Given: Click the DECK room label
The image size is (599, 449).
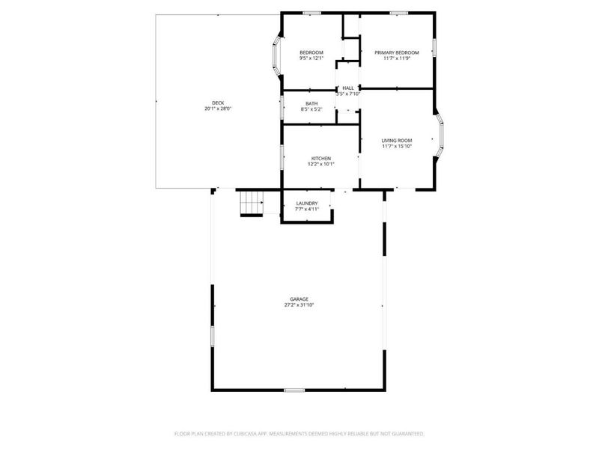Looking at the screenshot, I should [218, 103].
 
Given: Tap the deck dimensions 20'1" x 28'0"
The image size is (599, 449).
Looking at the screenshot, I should [218, 109].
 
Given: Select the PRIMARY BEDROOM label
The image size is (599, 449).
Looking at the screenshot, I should [397, 52].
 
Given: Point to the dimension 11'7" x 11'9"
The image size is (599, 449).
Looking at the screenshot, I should [397, 58].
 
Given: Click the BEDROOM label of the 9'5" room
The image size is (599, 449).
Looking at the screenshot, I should [311, 52].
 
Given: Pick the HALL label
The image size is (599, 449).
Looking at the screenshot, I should [348, 88].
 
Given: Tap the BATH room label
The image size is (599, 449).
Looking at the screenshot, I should [311, 103].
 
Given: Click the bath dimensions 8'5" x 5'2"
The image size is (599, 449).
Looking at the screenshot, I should [311, 109].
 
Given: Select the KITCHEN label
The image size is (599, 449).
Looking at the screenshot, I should [322, 158].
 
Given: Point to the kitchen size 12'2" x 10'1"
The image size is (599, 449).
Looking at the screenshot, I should [322, 164].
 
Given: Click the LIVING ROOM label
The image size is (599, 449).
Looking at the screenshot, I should [397, 140].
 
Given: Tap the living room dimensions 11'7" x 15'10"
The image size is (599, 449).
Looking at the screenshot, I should [397, 146].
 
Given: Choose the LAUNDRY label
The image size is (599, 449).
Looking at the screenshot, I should [307, 203].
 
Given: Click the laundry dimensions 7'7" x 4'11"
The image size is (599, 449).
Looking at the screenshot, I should [307, 209].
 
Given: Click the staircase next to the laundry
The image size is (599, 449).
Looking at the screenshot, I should [252, 203].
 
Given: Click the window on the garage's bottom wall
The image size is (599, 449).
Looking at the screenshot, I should [294, 390].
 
